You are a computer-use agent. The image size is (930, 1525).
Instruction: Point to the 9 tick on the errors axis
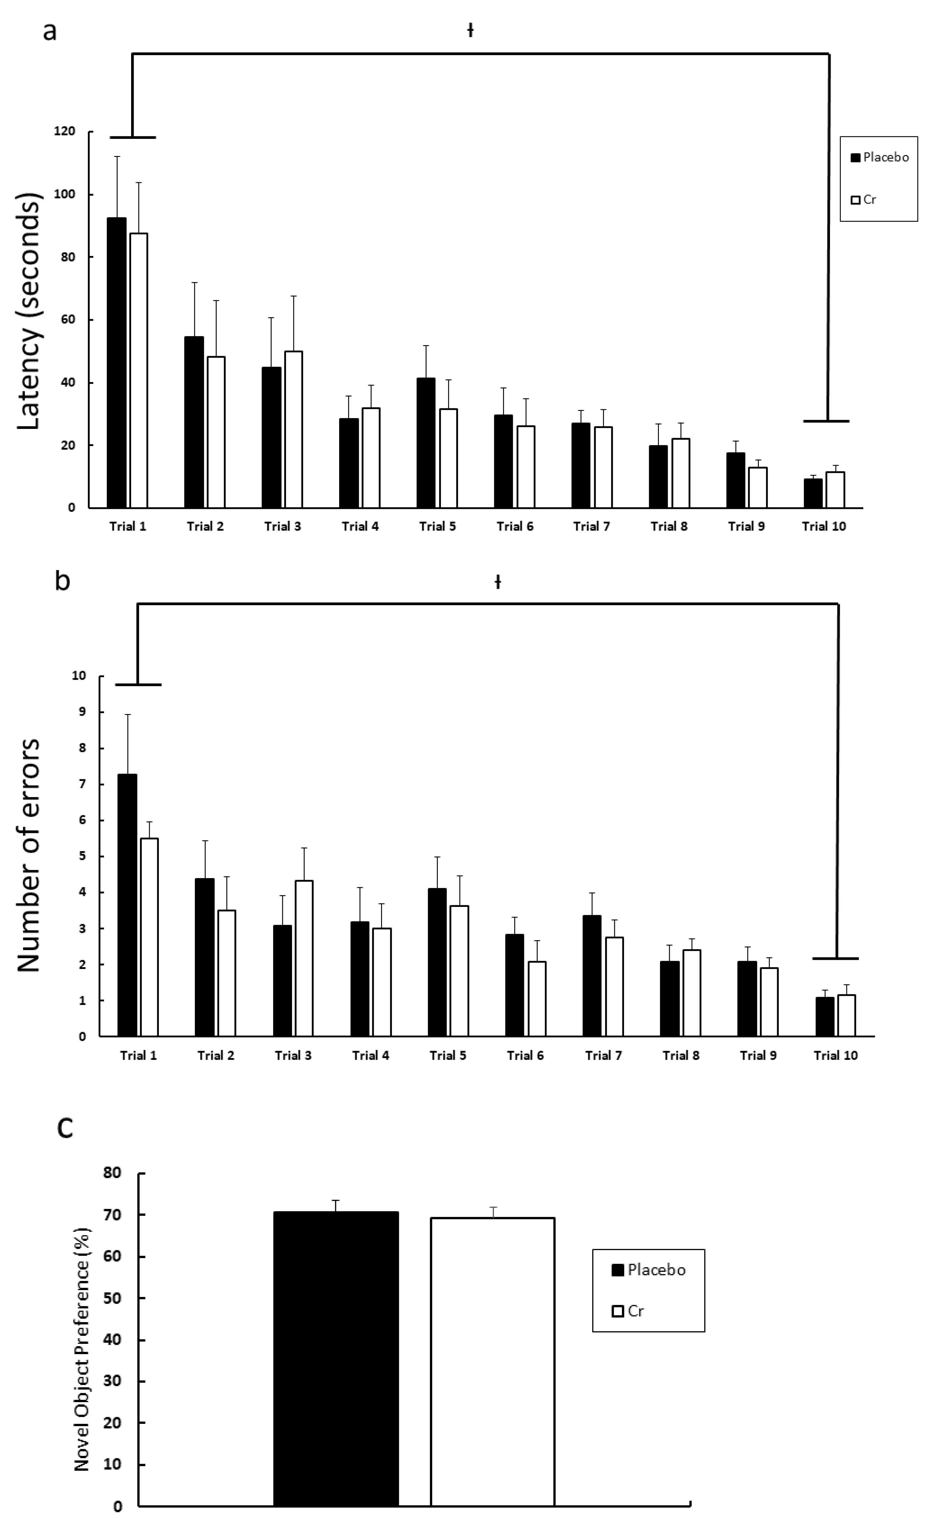79,712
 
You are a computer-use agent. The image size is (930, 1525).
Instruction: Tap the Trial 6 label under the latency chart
515,526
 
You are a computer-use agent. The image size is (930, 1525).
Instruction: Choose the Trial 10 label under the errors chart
835,1055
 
